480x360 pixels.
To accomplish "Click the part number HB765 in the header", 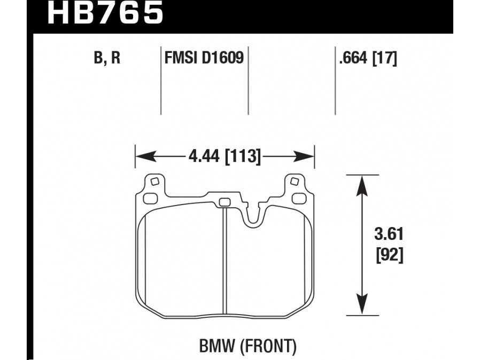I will point(105,13).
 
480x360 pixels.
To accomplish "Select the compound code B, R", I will point(107,58).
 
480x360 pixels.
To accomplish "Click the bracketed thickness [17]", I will point(385,58).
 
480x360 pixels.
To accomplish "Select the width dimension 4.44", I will point(205,157).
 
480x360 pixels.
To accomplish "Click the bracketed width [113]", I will point(243,157).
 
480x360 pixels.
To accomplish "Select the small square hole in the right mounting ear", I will point(293,182).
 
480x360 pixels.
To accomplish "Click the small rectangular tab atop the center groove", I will point(224,202).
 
